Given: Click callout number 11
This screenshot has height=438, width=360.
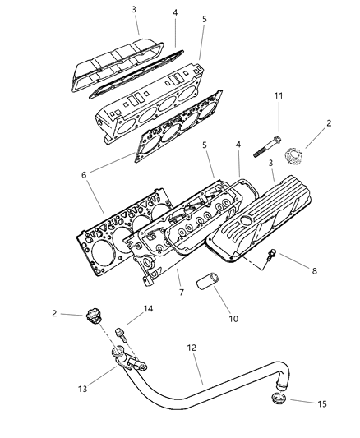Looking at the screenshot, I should [277, 97].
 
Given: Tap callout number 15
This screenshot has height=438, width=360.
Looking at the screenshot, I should [322, 403].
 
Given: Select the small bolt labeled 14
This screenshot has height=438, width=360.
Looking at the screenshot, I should [124, 334].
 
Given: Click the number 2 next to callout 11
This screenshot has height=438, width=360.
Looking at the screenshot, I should [328, 122].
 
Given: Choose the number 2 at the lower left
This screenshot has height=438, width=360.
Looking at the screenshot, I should [54, 313].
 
